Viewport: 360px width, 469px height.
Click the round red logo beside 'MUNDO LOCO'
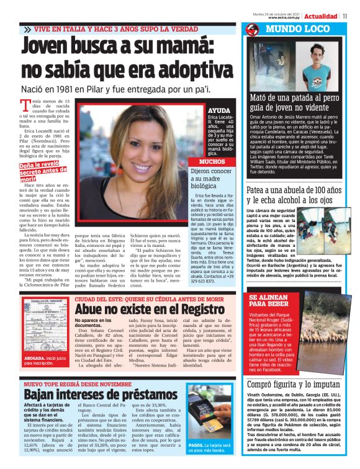pos(252,29)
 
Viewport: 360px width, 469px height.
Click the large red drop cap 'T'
pos(26,106)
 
